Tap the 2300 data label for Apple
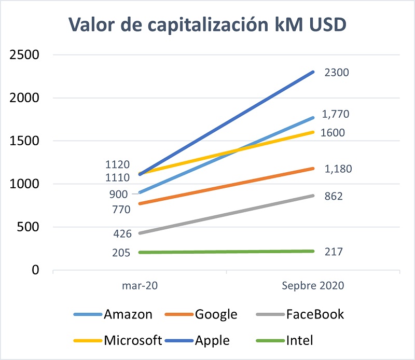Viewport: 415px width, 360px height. click(336, 73)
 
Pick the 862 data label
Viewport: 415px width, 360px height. click(333, 197)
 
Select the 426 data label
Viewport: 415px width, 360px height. click(122, 233)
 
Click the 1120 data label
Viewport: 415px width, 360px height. click(119, 165)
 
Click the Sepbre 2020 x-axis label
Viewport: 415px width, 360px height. click(313, 286)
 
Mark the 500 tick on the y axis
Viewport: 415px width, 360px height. click(30, 227)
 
